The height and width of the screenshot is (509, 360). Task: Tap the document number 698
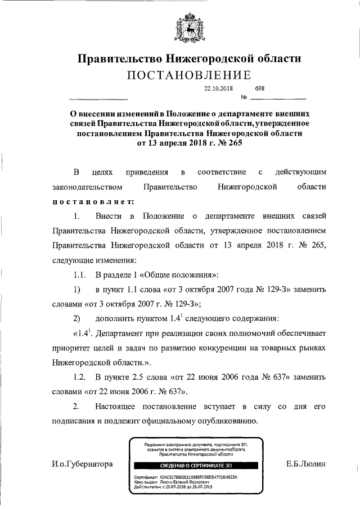point(259,88)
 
